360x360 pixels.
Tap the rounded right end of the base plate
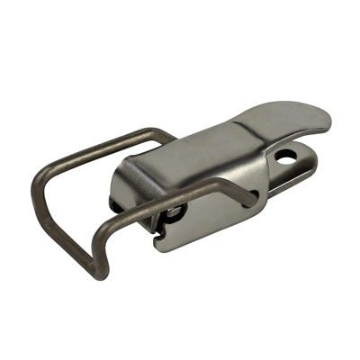(x=314, y=166)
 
